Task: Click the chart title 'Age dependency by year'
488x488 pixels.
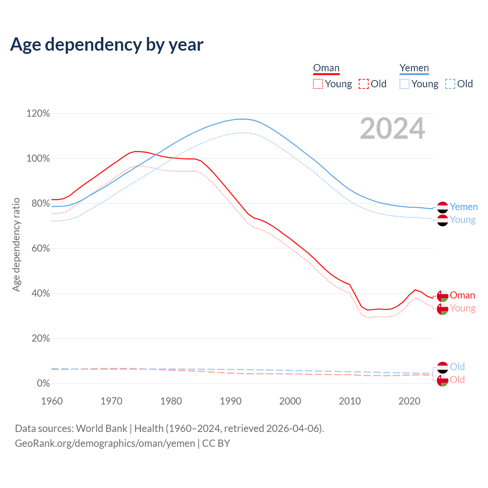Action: (107, 45)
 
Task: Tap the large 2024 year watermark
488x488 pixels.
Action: (392, 129)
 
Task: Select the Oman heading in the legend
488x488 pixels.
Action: (326, 68)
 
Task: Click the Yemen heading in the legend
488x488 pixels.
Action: (414, 68)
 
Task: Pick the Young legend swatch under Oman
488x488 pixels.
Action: (318, 84)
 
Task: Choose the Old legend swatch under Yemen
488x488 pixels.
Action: (450, 84)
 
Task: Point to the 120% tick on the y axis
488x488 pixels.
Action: (38, 114)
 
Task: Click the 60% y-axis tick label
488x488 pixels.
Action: (38, 249)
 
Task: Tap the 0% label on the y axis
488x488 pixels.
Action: (43, 384)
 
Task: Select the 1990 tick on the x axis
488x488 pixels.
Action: (231, 401)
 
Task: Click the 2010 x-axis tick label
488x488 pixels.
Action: (350, 401)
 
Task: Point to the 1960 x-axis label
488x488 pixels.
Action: (52, 401)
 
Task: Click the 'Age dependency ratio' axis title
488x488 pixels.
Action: (16, 244)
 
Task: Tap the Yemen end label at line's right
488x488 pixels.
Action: (464, 207)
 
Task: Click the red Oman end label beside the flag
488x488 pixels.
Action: (462, 295)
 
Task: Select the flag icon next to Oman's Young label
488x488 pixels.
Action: (443, 309)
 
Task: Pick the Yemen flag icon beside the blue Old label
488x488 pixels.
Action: (443, 368)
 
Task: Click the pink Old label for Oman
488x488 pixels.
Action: (457, 380)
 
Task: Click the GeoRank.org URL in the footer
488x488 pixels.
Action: (105, 443)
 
